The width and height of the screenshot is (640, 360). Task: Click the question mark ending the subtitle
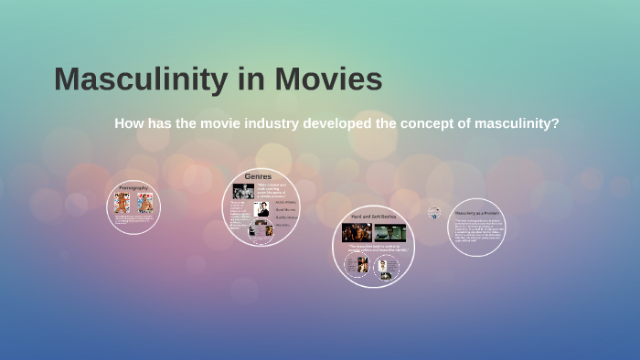[x=555, y=123]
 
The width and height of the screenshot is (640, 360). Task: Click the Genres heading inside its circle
[x=258, y=175]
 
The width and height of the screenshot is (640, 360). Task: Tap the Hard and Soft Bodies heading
[x=373, y=217]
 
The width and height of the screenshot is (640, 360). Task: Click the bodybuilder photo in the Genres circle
[x=243, y=191]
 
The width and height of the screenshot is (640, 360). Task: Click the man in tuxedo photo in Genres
[x=261, y=209]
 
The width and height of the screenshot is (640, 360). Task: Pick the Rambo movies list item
[x=286, y=217]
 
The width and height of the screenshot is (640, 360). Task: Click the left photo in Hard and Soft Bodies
[x=357, y=232]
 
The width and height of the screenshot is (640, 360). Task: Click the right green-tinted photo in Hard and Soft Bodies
[x=389, y=232]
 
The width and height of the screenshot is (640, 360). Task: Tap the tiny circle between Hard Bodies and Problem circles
[x=434, y=212]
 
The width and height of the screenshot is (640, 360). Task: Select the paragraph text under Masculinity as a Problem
[x=477, y=232]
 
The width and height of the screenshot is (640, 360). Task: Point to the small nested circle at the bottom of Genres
[x=260, y=230]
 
